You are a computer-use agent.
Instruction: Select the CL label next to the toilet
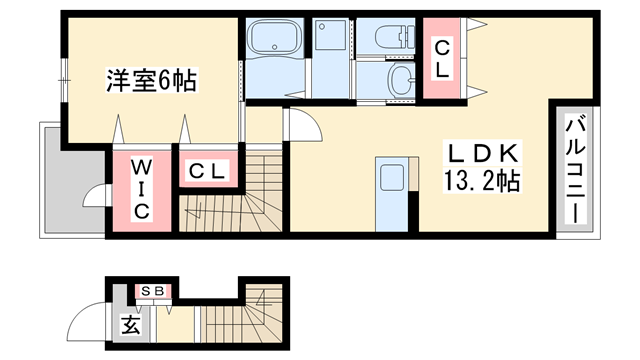pyautogui.click(x=442, y=58)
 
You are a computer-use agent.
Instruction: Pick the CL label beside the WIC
pyautogui.click(x=210, y=170)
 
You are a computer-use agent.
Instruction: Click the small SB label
pyautogui.click(x=154, y=291)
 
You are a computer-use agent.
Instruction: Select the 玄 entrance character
pyautogui.click(x=131, y=326)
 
